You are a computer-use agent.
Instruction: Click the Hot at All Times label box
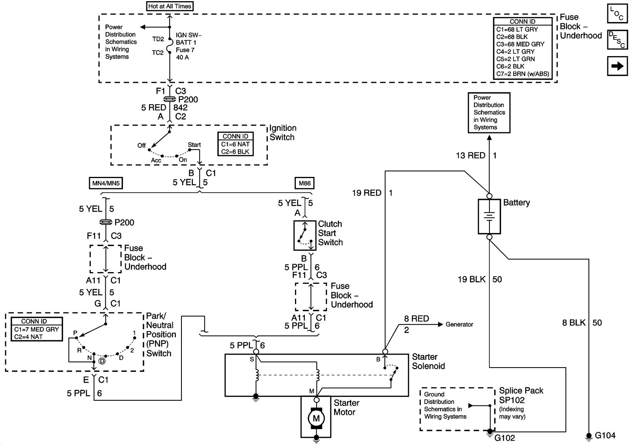(x=170, y=6)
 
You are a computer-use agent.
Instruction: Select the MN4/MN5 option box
(x=106, y=183)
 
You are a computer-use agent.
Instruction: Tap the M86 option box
(x=304, y=183)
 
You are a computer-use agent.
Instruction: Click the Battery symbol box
(x=489, y=216)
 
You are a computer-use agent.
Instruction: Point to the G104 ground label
(x=605, y=436)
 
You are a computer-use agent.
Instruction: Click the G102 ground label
(x=505, y=438)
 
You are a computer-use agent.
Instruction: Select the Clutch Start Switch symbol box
(x=305, y=235)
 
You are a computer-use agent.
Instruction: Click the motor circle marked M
(x=316, y=418)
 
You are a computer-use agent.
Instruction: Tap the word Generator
(x=459, y=325)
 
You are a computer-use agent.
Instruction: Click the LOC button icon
(x=617, y=13)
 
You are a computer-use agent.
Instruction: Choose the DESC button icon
(x=617, y=40)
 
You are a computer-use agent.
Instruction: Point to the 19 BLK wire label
(x=471, y=280)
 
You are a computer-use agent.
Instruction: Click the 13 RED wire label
(x=470, y=156)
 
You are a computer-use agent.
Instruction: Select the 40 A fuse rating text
(x=182, y=57)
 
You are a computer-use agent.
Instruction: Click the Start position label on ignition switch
(x=194, y=145)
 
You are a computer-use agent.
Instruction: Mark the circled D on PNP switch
(x=102, y=361)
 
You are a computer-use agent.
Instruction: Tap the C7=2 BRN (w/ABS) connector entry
(x=523, y=74)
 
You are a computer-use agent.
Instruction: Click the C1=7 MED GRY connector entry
(x=36, y=329)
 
